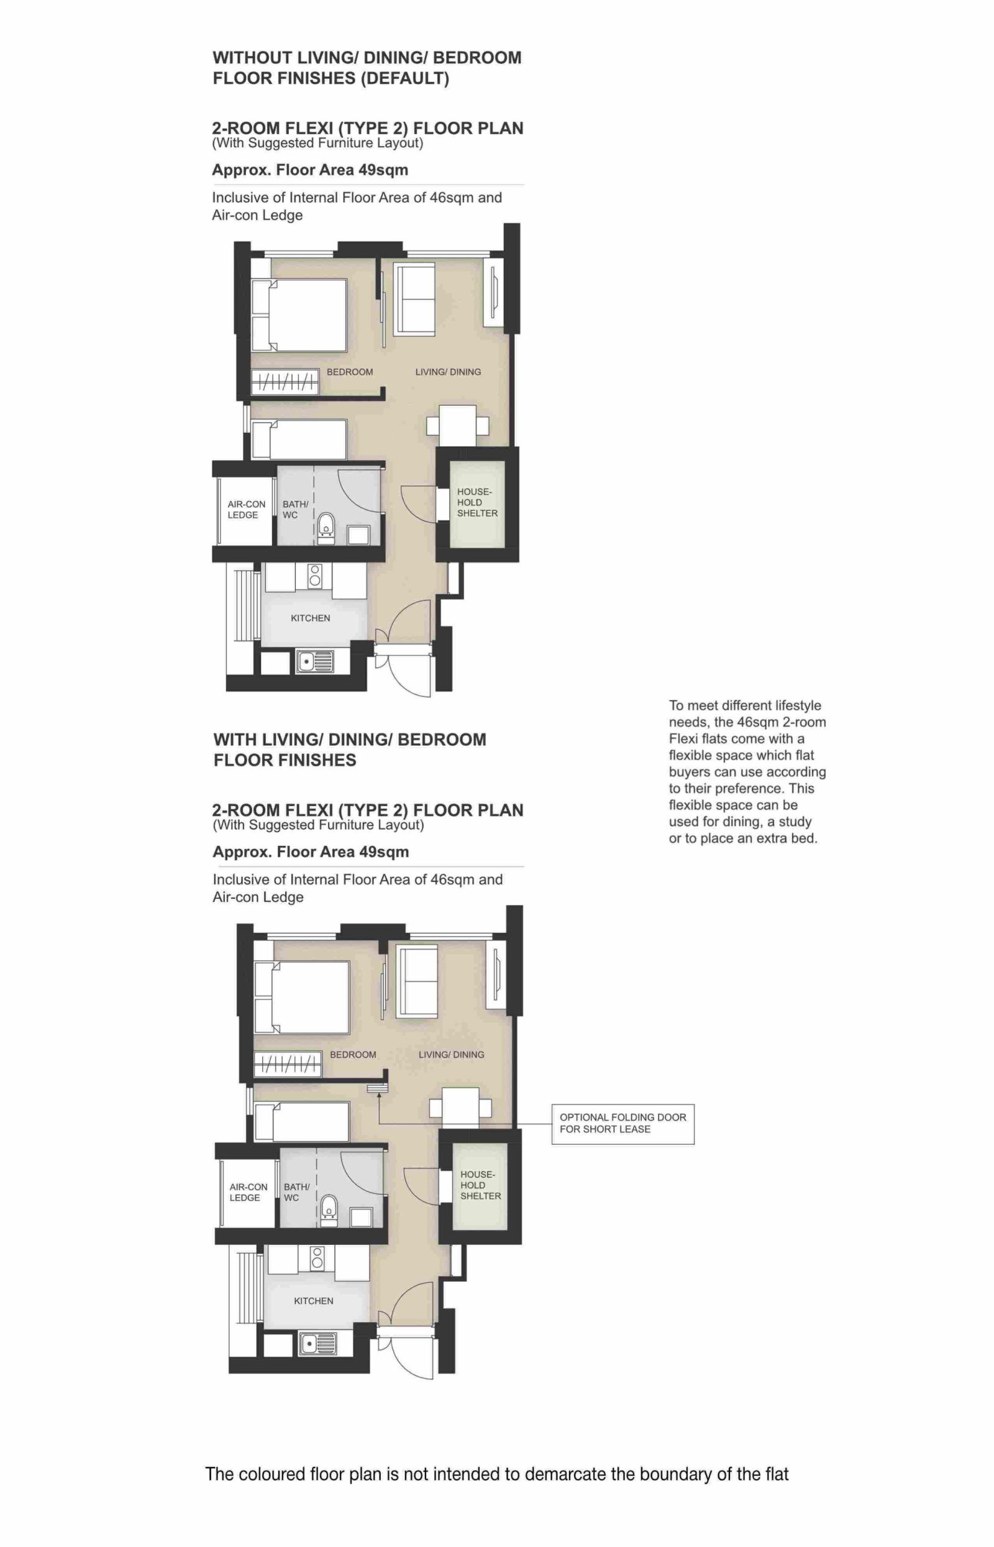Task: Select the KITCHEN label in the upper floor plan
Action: click(311, 618)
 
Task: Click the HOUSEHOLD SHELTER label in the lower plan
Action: click(480, 1185)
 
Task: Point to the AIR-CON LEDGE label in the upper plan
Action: click(246, 510)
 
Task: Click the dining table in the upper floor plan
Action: click(458, 425)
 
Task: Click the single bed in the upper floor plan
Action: click(299, 439)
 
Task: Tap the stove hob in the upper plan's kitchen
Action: click(315, 576)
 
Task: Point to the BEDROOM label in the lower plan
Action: click(352, 1054)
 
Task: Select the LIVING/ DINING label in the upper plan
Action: click(448, 372)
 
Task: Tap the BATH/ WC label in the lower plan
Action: click(296, 1192)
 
